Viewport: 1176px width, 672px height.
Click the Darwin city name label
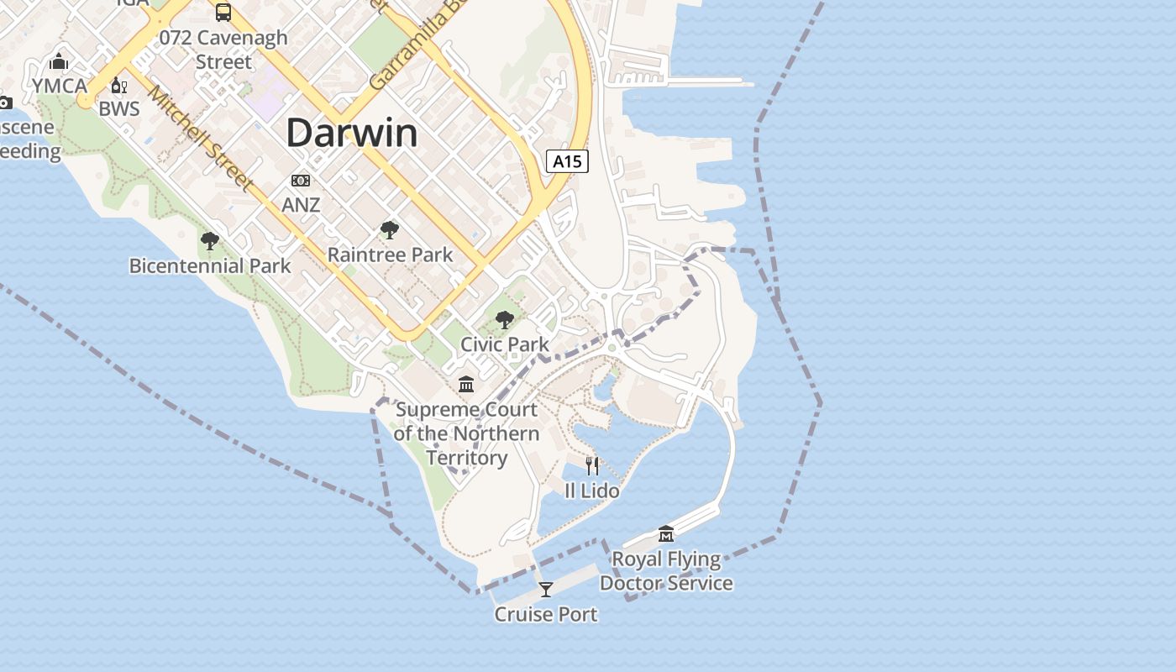352,134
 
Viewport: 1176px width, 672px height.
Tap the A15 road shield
567,161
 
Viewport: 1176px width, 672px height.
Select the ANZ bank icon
300,181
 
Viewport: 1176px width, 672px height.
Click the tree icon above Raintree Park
389,229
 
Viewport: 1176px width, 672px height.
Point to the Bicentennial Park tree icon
210,241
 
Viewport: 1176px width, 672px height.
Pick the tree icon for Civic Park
505,319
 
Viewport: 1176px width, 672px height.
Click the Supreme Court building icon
466,385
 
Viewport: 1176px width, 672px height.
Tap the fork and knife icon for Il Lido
592,465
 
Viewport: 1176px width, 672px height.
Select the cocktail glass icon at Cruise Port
546,590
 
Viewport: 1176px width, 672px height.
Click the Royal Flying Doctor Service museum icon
666,533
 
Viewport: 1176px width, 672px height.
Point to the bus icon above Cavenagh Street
223,12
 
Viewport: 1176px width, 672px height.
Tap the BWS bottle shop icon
118,86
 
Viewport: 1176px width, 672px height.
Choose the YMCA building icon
59,61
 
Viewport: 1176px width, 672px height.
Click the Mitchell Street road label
202,139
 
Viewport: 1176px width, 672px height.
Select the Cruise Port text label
546,614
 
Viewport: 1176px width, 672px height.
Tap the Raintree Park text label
390,255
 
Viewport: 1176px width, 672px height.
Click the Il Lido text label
592,491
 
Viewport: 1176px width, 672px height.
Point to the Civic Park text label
505,344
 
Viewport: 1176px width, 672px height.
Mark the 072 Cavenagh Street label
223,50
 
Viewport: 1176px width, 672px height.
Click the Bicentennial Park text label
210,266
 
